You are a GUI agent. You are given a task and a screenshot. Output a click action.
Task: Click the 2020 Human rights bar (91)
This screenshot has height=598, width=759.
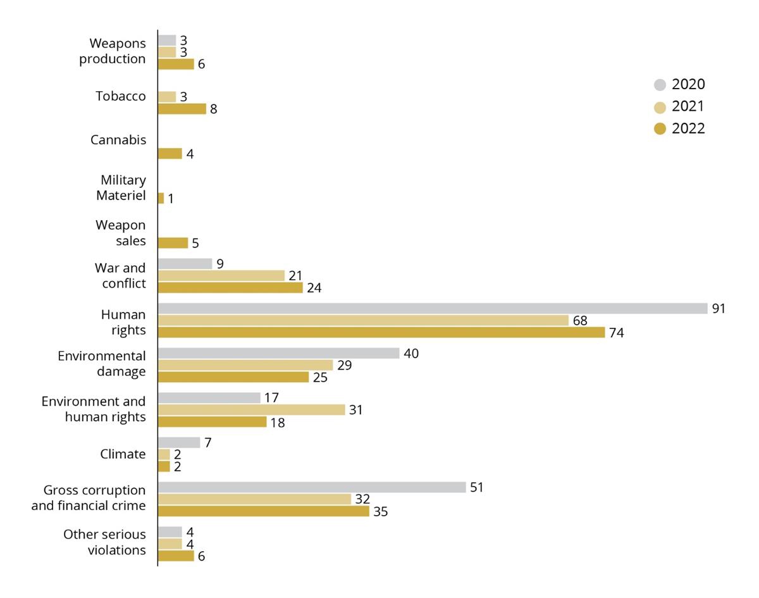click(x=432, y=308)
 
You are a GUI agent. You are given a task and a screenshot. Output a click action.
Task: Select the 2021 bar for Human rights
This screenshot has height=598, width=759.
click(x=363, y=320)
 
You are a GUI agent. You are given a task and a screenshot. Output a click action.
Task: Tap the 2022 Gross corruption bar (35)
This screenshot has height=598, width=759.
click(x=263, y=511)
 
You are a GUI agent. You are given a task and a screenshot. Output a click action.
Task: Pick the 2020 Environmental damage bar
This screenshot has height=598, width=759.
click(x=278, y=353)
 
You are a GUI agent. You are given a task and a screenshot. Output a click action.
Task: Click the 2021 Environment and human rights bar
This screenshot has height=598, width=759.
click(x=251, y=409)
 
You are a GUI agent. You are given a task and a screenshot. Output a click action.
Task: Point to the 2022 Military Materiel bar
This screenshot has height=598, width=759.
click(x=161, y=198)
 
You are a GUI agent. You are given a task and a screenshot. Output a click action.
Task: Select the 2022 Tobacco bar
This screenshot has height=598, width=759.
click(x=182, y=109)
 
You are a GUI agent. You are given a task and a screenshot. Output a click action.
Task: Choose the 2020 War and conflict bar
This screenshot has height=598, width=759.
click(x=185, y=263)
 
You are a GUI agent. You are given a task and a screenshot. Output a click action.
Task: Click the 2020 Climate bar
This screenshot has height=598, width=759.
click(x=178, y=442)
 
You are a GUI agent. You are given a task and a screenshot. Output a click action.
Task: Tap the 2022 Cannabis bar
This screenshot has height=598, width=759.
click(x=170, y=154)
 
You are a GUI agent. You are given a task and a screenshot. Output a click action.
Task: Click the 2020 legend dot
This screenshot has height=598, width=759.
click(x=660, y=85)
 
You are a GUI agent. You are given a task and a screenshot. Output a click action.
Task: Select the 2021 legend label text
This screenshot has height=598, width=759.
click(x=688, y=106)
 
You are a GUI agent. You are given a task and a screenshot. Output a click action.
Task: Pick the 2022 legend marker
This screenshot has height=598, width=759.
click(x=660, y=129)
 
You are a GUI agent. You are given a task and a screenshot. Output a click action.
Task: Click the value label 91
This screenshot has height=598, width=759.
click(x=719, y=309)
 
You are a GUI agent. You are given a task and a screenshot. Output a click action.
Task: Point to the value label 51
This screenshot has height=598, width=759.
click(x=477, y=487)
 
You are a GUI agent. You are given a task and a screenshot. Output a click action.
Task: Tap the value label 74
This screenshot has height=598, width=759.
click(x=617, y=333)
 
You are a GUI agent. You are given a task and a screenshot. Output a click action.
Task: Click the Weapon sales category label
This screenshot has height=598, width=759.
click(x=121, y=233)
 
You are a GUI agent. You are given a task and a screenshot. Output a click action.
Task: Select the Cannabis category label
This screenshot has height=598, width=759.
click(x=118, y=140)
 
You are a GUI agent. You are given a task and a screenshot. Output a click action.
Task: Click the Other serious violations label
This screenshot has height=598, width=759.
click(x=104, y=542)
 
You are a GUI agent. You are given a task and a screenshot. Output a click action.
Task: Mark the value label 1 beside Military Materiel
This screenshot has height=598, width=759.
click(x=171, y=199)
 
